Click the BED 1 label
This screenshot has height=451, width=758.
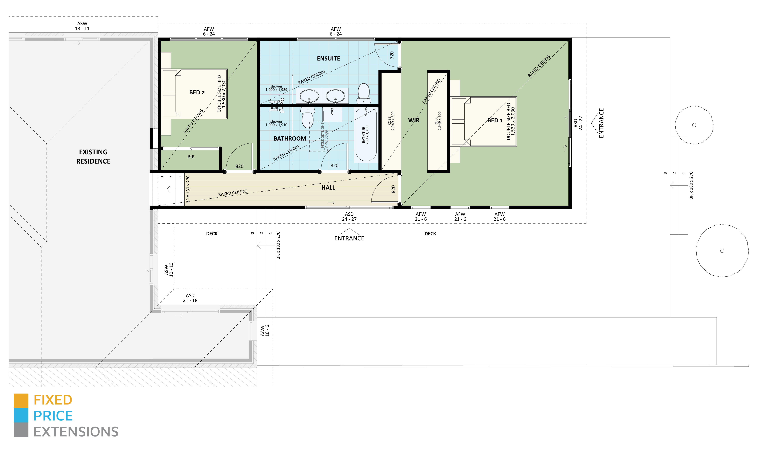495,120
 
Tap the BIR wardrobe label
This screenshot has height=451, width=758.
191,157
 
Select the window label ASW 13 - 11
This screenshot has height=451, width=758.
82,26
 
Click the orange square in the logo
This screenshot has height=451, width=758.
21,400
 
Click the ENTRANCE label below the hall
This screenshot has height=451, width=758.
349,238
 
